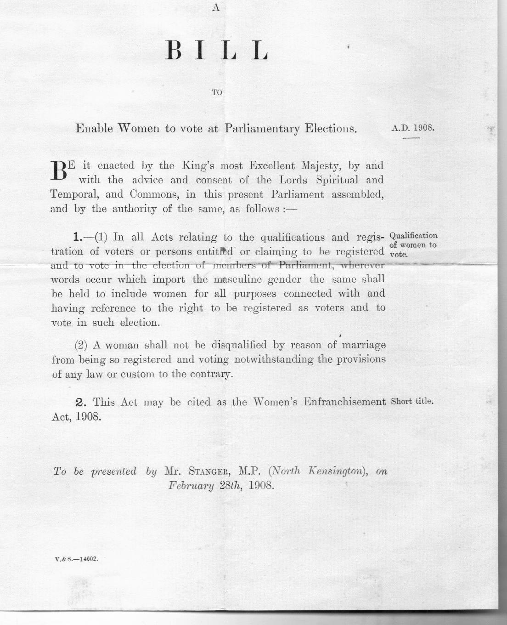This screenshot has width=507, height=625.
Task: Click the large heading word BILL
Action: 216,51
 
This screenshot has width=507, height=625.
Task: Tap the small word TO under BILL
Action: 217,92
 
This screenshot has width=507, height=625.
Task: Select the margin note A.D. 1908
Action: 412,127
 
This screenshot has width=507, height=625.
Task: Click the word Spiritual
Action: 331,180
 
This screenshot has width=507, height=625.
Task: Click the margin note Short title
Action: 412,401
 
